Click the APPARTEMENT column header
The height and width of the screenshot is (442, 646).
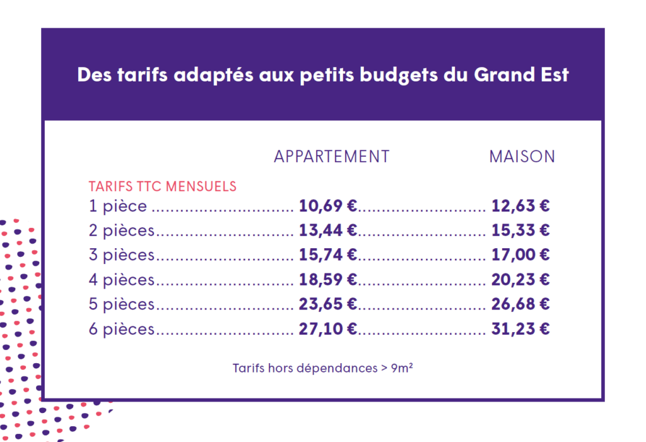(332, 157)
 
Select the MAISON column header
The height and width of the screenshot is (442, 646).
(522, 157)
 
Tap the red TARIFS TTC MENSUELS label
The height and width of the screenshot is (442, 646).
(162, 186)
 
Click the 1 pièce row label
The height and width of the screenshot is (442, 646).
(118, 206)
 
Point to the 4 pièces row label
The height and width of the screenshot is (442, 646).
(122, 280)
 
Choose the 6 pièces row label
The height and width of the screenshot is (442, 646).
(122, 329)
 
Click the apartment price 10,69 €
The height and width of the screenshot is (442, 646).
(328, 206)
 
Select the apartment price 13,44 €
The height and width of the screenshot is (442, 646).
(328, 230)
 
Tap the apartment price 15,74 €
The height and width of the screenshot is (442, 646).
(328, 255)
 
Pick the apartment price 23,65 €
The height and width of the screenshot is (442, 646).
(328, 304)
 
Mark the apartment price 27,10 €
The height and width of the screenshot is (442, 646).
(328, 329)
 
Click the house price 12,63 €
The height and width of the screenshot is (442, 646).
(520, 206)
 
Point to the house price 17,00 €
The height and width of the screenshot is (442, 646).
(520, 255)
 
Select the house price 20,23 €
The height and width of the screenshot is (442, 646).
(520, 280)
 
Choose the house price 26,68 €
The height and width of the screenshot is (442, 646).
(520, 304)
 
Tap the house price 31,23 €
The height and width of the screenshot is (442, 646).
(520, 329)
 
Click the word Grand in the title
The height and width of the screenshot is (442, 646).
(504, 75)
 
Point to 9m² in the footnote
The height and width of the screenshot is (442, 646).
(402, 367)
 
